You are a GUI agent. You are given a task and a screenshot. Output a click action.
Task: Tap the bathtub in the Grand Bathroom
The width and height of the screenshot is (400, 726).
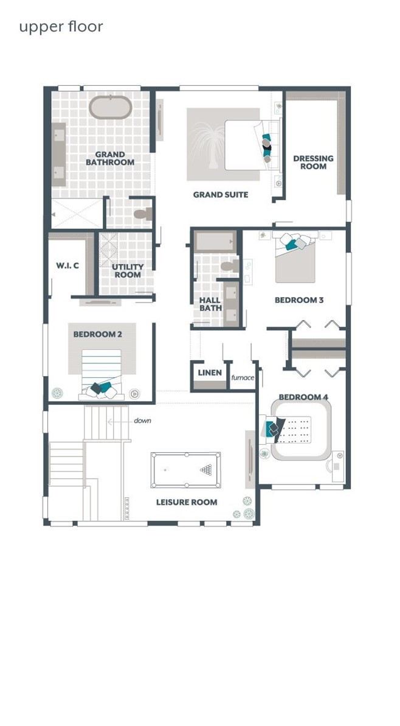tap(111, 107)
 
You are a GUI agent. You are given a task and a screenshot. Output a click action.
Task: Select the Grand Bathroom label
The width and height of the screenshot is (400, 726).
tap(110, 158)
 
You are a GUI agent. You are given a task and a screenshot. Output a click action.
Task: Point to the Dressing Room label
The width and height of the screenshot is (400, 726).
tap(313, 162)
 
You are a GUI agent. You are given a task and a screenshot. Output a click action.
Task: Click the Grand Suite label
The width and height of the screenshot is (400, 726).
tap(221, 195)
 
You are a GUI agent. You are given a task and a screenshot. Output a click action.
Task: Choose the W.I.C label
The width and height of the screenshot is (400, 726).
tap(67, 265)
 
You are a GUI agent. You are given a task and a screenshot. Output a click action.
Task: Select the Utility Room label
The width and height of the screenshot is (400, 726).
tap(128, 270)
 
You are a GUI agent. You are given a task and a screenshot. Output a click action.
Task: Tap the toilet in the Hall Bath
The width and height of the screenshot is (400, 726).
tap(229, 266)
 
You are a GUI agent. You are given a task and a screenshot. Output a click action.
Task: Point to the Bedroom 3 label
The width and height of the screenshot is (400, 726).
tap(298, 300)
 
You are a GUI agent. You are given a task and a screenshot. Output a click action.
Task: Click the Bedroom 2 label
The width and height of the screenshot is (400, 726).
tap(98, 334)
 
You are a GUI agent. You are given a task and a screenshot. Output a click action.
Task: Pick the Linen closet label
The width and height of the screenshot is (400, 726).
tap(210, 372)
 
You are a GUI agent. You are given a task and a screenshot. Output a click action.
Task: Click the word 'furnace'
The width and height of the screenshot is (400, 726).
tap(243, 377)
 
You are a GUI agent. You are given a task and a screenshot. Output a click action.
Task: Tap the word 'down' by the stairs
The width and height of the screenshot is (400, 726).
tap(142, 421)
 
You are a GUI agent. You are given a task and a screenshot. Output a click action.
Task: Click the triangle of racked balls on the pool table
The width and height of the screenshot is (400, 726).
tap(206, 470)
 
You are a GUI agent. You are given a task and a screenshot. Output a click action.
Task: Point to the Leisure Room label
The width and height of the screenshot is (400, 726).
tap(187, 502)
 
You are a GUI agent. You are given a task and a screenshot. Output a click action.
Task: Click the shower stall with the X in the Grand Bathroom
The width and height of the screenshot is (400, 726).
tap(77, 214)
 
